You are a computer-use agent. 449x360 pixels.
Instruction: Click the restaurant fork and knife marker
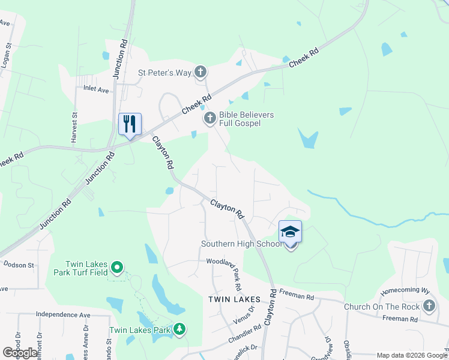click(130, 124)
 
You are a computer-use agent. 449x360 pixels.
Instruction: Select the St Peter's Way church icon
click(200, 73)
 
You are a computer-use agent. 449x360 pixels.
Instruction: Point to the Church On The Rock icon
click(429, 307)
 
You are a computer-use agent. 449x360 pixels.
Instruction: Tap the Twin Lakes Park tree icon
click(179, 329)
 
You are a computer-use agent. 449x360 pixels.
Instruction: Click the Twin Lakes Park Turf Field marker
click(117, 267)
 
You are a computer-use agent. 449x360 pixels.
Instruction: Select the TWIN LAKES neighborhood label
click(234, 299)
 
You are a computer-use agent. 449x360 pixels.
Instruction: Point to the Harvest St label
click(74, 126)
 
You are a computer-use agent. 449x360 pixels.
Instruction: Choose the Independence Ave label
click(62, 314)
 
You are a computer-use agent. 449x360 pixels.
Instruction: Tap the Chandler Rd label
click(244, 335)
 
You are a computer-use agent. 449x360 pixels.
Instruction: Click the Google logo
click(20, 353)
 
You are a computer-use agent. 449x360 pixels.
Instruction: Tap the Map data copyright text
click(411, 355)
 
